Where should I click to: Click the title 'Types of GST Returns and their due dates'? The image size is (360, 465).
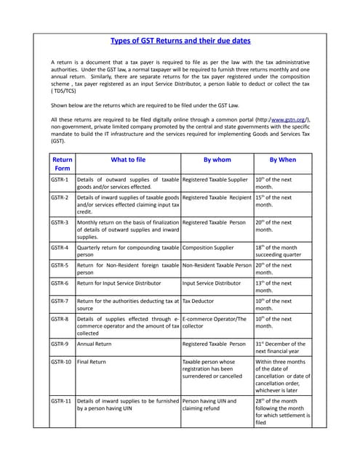tap(180, 41)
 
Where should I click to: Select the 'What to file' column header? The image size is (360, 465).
tap(127, 159)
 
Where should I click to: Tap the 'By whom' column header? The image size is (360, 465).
tap(216, 159)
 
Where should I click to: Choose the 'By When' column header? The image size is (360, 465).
tap(282, 159)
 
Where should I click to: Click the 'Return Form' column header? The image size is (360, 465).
tap(62, 163)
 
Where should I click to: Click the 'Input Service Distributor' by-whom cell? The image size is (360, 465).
tap(211, 283)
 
